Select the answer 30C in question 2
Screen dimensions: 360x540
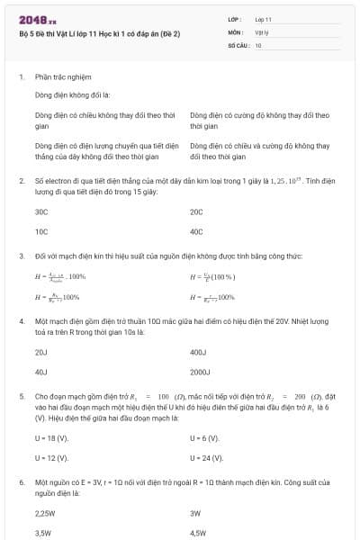41,211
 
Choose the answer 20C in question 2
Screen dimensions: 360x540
197,211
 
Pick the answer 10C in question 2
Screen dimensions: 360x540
41,231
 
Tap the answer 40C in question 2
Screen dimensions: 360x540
197,231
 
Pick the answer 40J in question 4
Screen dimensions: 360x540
40,371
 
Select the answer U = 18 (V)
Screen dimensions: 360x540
51,438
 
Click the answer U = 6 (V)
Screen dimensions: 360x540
205,438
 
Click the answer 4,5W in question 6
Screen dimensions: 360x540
199,533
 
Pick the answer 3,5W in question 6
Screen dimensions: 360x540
43,533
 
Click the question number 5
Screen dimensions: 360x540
21,395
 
